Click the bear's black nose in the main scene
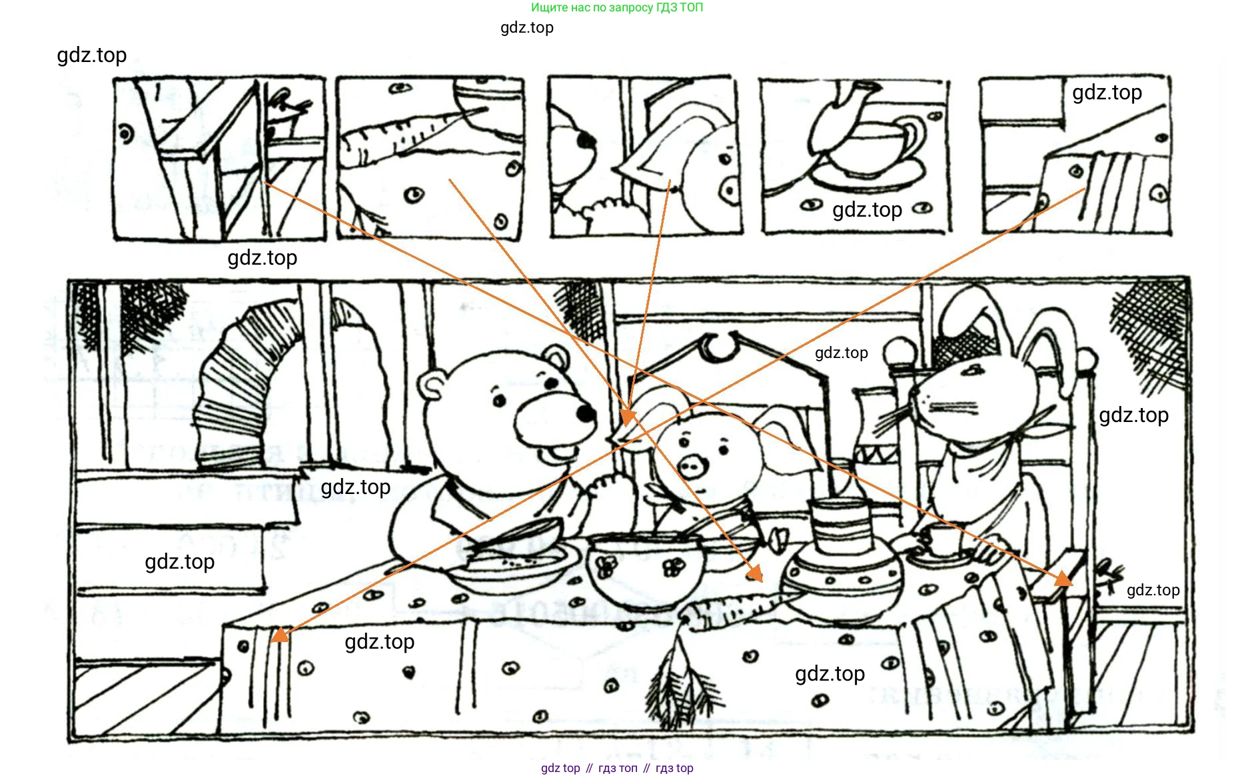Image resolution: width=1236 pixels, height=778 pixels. (586, 413)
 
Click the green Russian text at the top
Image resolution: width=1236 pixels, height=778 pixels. (617, 7)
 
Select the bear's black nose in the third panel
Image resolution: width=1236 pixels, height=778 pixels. (586, 141)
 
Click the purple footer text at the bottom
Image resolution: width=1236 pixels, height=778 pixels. (617, 768)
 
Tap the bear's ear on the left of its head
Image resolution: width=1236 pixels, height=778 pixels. (432, 386)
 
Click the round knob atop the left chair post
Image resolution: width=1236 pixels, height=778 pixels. (902, 351)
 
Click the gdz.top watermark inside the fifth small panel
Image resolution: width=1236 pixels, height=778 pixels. (1107, 93)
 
